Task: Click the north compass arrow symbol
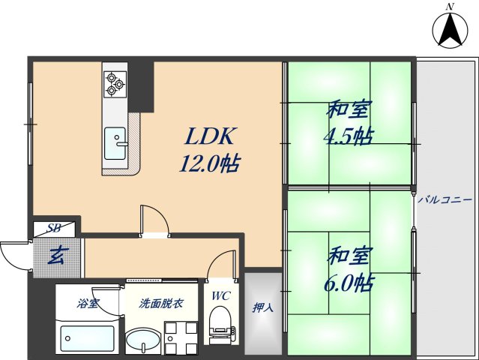point(450,30)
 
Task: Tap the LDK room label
point(212,136)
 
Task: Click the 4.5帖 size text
point(349,137)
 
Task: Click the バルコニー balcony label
point(445,199)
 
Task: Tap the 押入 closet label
point(262,307)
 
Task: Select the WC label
point(221,295)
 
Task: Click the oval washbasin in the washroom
point(142,342)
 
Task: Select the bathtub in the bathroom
point(86,339)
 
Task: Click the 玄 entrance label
point(55,256)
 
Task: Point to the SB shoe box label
point(54,228)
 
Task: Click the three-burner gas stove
point(115,82)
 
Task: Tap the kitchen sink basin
point(115,142)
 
